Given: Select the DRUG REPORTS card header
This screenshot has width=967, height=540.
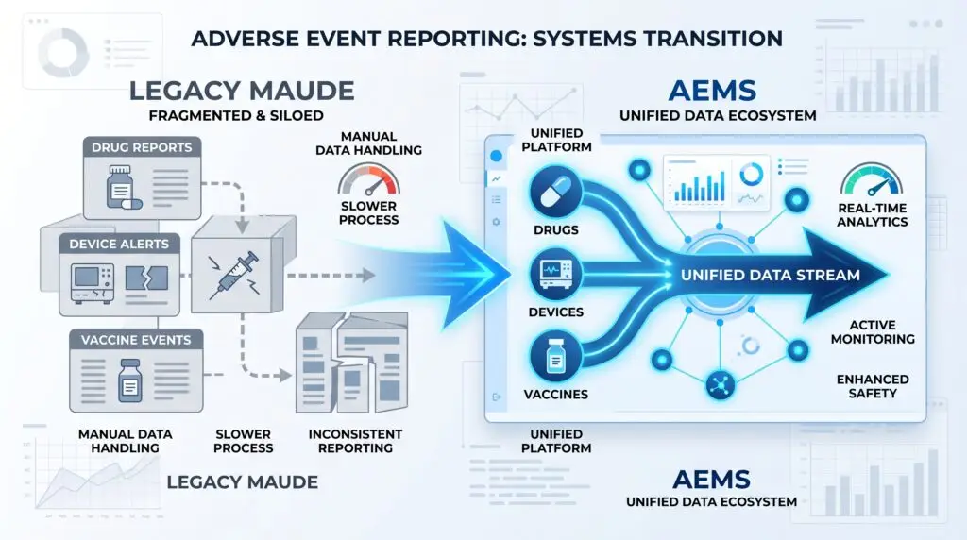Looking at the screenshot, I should point(142,147).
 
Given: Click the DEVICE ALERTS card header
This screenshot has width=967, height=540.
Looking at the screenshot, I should point(121,244).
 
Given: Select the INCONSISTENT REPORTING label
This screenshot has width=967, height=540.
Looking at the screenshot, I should point(355,441).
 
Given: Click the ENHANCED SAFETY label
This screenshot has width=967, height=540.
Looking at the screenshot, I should point(873,385).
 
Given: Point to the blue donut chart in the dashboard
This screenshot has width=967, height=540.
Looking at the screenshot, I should point(753,173).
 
